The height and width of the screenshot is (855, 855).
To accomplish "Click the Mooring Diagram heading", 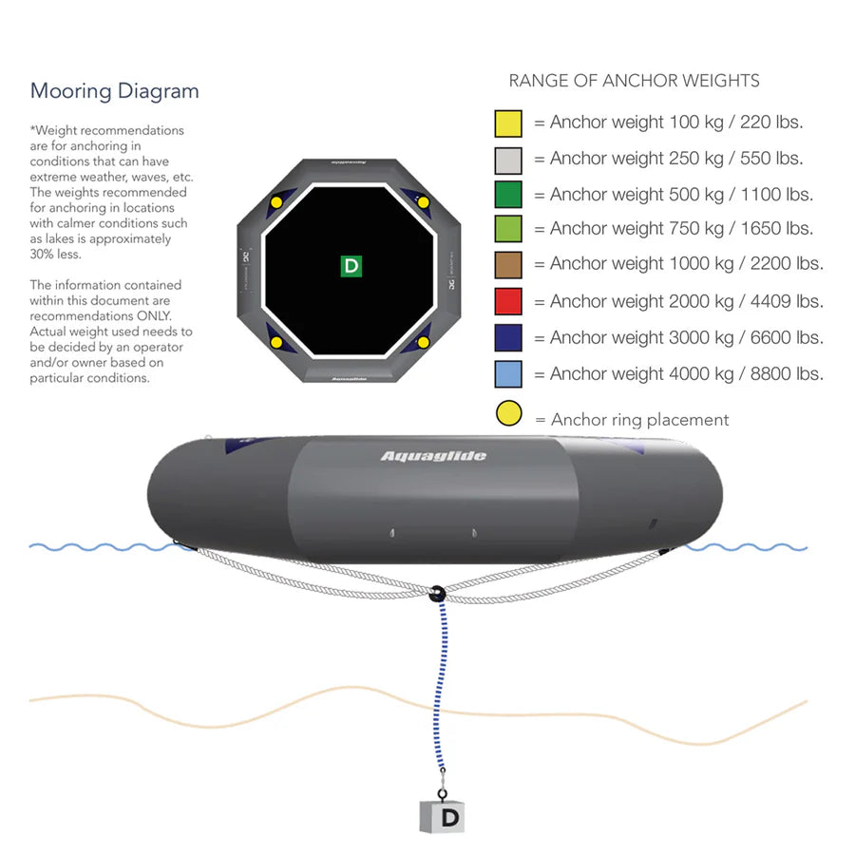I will tap(115, 92).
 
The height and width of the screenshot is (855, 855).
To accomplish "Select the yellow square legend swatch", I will tap(508, 123).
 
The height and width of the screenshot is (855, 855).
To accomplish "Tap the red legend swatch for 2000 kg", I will tap(508, 302).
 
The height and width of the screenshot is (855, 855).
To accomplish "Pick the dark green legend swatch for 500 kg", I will tap(508, 195).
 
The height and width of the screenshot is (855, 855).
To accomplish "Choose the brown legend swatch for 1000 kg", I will tap(508, 265).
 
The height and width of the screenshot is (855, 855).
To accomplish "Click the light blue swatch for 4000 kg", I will tap(508, 374).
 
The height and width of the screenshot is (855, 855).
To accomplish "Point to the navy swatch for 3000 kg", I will tap(508, 338).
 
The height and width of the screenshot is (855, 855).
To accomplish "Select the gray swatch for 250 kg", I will tap(508, 160).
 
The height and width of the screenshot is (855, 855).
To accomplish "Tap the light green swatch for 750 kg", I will tap(508, 230).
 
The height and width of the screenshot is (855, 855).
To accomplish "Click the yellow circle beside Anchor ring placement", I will tap(508, 414).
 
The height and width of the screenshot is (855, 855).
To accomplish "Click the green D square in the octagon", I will tap(351, 266).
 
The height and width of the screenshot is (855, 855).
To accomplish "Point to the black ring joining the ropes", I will tap(437, 595).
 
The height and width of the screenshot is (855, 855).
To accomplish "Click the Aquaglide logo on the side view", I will tap(433, 456).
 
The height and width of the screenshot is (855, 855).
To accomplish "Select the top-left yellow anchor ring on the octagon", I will tap(276, 201).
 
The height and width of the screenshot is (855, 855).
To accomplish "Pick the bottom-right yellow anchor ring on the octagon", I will tap(423, 340).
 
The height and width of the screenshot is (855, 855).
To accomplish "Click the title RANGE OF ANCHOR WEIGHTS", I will tap(634, 82).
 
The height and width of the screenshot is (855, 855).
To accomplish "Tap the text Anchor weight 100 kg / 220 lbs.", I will tap(676, 123).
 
